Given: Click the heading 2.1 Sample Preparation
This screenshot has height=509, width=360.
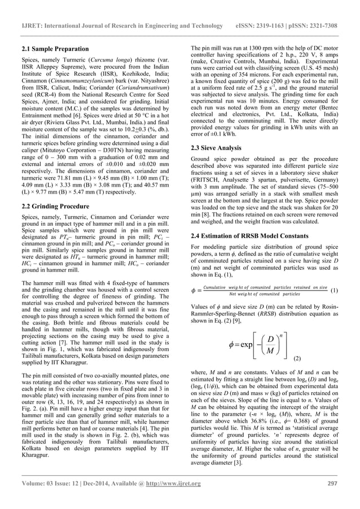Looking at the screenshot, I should point(55,49).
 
